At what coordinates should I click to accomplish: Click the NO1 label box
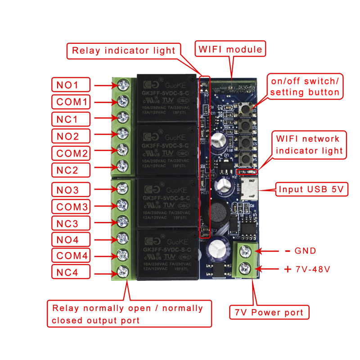click(x=71, y=84)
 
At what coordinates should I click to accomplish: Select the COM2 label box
click(x=71, y=153)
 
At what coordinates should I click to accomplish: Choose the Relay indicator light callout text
click(x=124, y=50)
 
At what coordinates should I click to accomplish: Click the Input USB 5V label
click(x=312, y=189)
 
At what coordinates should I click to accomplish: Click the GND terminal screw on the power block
click(x=246, y=251)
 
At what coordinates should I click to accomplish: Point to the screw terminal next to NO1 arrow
click(x=121, y=84)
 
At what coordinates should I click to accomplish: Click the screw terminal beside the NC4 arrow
click(x=121, y=271)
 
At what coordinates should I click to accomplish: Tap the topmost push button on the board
click(x=246, y=109)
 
